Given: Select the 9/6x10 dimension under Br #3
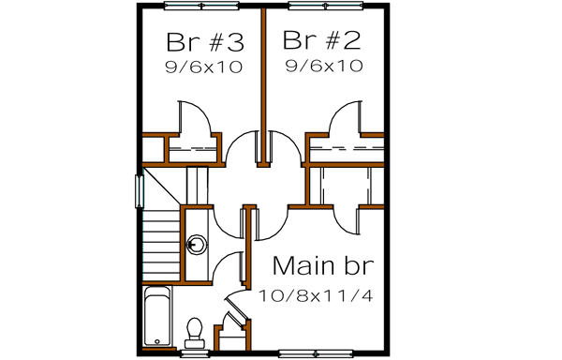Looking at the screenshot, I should click(204, 67).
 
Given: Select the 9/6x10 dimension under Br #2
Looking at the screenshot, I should click(322, 67).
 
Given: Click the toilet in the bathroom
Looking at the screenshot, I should click(196, 330).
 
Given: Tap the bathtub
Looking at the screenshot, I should click(155, 319).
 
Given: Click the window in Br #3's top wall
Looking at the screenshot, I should click(198, 7).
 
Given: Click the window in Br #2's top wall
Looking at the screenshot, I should click(320, 7).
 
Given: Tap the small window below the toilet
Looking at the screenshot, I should click(196, 354).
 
